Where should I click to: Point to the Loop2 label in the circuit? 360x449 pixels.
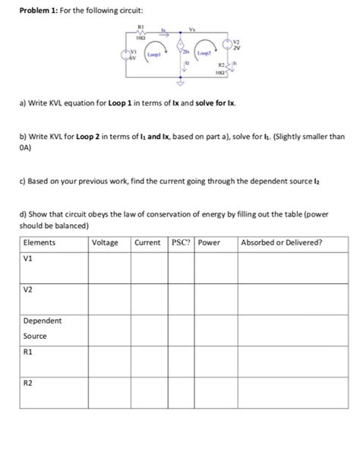[x=204, y=55]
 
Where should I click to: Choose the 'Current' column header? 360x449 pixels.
[x=148, y=242]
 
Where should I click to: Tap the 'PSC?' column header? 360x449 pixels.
[x=181, y=242]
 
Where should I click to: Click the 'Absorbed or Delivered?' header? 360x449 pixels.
[x=281, y=242]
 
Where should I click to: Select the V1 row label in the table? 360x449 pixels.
[x=30, y=257]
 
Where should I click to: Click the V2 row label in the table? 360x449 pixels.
[x=30, y=289]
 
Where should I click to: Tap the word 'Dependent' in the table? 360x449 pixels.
[x=43, y=321]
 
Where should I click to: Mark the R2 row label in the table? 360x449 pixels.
[x=30, y=384]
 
